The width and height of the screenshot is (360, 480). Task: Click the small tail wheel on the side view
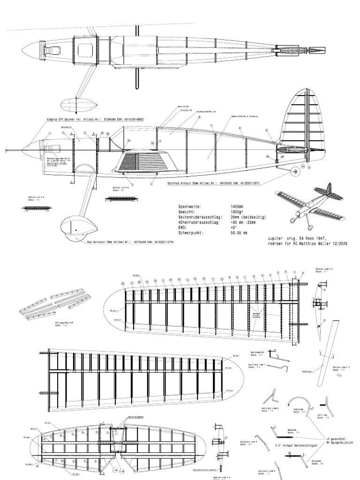(x=295, y=172)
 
